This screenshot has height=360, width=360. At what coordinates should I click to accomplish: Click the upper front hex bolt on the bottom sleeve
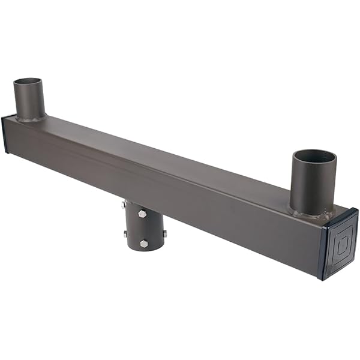click(x=142, y=213)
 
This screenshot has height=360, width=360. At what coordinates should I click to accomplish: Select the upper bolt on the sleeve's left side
click(x=124, y=205)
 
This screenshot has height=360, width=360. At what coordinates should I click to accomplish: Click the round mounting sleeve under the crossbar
click(x=144, y=228)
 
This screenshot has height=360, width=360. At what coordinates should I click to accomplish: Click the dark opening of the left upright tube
click(x=28, y=82)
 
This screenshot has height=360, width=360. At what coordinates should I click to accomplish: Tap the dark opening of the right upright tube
click(x=314, y=157)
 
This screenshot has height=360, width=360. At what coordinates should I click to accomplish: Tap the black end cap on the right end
click(x=339, y=244)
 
